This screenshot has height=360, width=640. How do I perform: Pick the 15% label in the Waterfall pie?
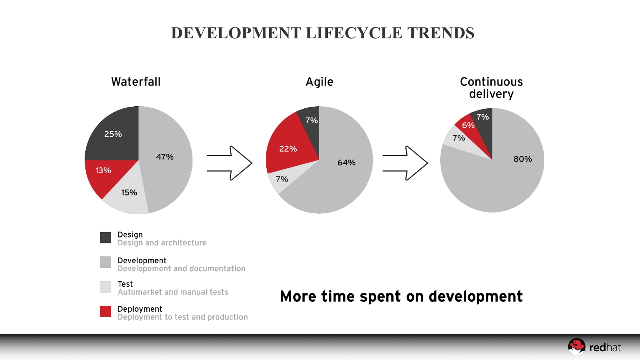tap(129, 192)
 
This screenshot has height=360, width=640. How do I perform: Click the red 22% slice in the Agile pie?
tap(288, 149)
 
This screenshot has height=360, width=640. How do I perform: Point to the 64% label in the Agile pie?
tap(346, 162)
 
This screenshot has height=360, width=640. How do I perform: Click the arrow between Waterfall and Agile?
tap(230, 163)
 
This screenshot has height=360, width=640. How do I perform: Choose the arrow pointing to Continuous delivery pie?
tap(405, 163)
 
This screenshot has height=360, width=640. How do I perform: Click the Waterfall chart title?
tap(136, 82)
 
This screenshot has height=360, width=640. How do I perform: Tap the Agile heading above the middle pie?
tap(320, 82)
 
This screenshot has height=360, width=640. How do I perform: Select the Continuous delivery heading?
tap(491, 87)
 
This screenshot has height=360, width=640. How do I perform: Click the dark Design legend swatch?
tap(105, 237)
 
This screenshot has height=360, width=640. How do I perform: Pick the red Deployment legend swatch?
tap(105, 311)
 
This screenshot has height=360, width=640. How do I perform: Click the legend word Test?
tap(125, 284)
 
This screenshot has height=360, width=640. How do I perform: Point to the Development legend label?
tap(142, 260)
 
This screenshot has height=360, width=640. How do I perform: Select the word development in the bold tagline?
tap(475, 297)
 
